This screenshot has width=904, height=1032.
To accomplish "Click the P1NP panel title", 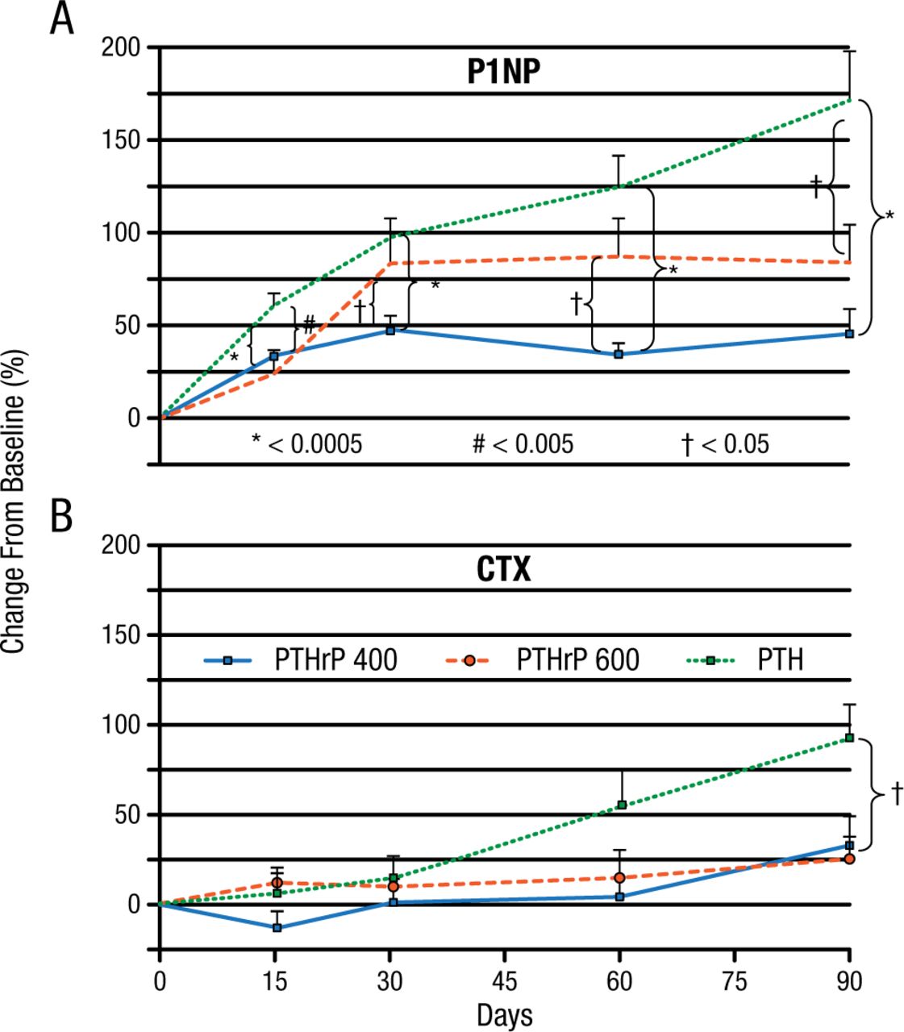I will (503, 73).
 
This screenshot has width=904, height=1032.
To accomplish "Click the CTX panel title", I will (503, 570).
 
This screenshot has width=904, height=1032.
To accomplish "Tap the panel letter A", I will (62, 20).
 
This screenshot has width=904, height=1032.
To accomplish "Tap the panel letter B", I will (62, 518).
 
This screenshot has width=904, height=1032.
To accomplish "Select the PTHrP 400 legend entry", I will (301, 660).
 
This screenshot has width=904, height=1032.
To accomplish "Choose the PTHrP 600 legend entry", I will (542, 660).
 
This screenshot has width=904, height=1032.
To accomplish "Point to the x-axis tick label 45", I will (505, 982).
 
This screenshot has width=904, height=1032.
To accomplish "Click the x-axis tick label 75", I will (735, 982).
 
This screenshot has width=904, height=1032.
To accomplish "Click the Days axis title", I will (505, 1015).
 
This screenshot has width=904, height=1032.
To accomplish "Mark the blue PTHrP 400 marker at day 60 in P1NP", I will (619, 354).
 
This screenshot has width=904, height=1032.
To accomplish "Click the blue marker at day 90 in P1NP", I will (849, 333).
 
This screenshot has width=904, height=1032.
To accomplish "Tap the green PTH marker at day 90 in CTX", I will (849, 737).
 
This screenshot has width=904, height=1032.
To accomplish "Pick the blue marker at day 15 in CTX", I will (277, 927).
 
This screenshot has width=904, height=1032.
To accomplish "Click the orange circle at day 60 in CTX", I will (619, 878).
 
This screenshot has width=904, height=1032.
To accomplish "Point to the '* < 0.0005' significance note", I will (306, 443).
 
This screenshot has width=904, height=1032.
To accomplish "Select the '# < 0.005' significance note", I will (523, 443).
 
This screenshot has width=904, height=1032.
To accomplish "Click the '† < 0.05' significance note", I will (725, 443).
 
